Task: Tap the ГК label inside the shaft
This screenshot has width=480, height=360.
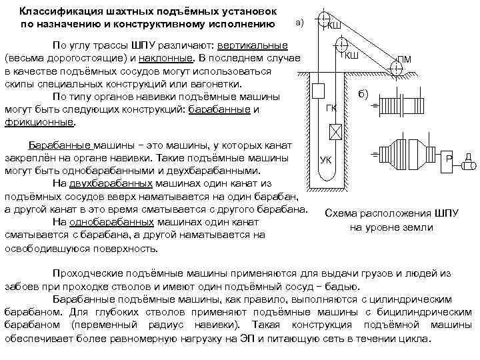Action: click(x=331, y=108)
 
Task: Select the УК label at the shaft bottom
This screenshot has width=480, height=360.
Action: click(x=326, y=160)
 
